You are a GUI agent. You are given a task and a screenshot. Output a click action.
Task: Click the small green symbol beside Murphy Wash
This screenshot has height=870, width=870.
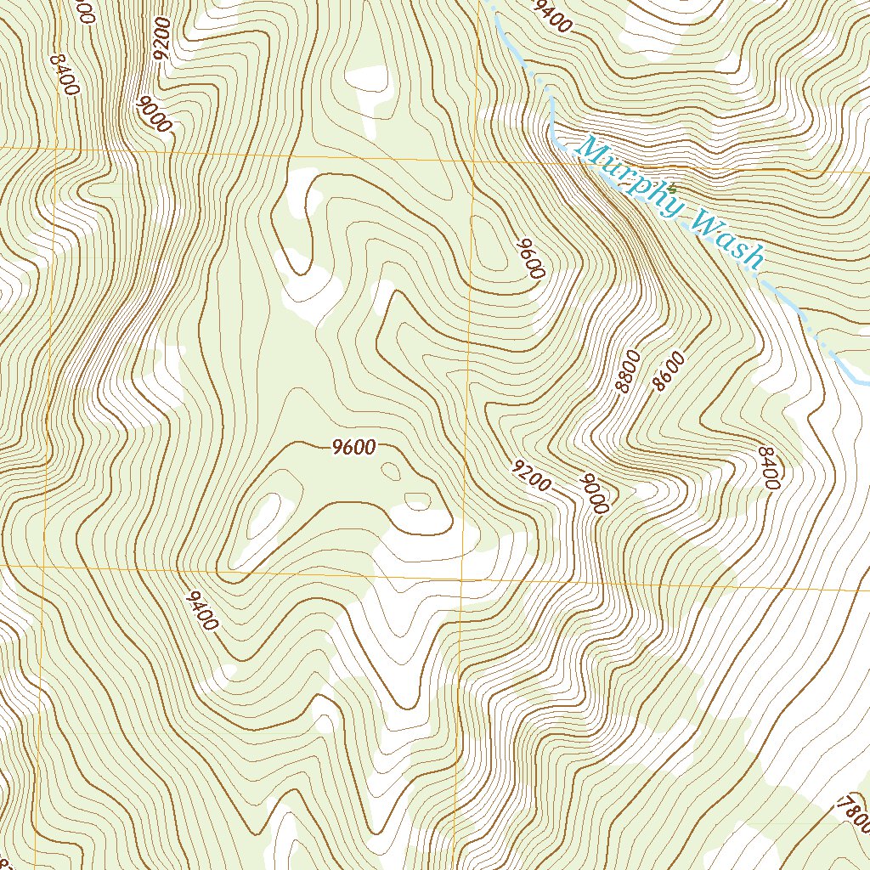point(671,187)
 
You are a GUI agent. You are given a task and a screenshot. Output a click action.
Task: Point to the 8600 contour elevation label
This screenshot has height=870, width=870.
point(669,370)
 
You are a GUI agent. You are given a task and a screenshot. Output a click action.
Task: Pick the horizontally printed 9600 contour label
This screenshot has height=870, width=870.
point(353,449)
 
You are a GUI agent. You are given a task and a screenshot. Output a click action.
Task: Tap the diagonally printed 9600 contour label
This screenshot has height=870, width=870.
point(528,259)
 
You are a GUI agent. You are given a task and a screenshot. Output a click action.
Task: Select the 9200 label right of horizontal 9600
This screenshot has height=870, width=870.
point(532,476)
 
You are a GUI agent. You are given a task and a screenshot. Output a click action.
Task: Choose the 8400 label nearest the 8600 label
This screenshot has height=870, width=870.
point(767,468)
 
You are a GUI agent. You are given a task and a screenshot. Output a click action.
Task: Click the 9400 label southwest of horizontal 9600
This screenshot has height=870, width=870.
point(201,611)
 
